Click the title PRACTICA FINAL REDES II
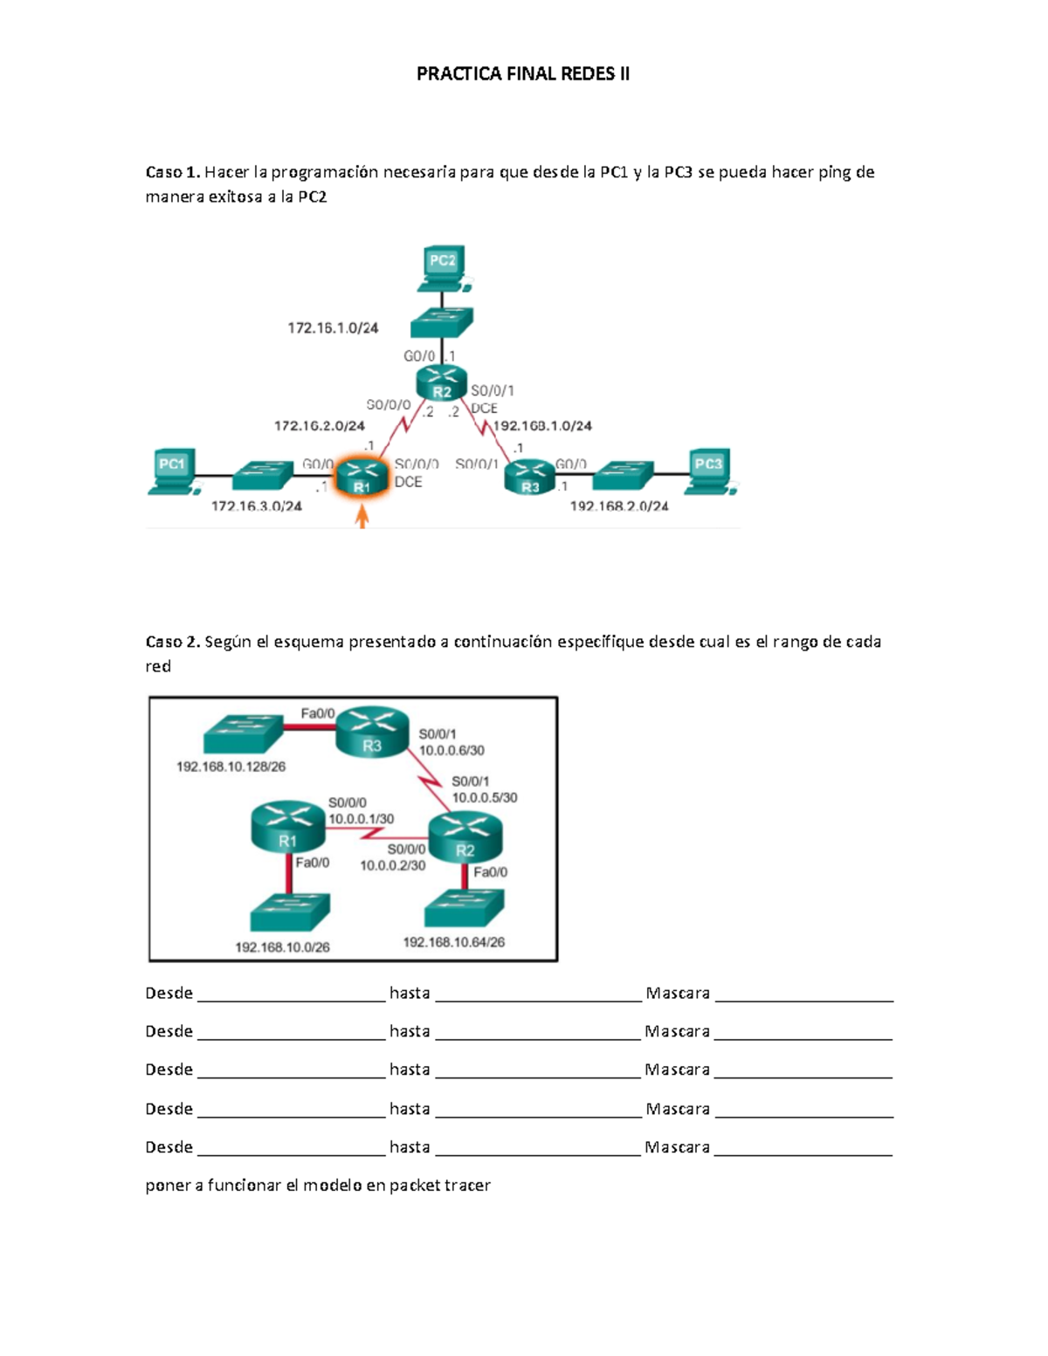point(522,74)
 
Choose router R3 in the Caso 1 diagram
point(529,478)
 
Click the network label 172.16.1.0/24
point(333,328)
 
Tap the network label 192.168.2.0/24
point(619,506)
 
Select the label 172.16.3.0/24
point(257,506)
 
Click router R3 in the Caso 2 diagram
point(373,732)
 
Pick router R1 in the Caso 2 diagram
point(287,827)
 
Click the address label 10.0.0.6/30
point(452,750)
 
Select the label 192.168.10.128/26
point(231,767)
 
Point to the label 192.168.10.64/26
point(454,942)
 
